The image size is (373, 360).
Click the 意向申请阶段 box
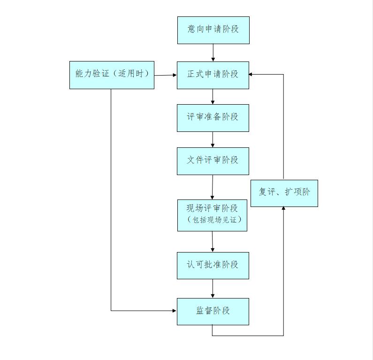click(x=213, y=30)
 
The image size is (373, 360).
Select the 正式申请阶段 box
click(x=213, y=75)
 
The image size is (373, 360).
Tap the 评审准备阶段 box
click(x=213, y=118)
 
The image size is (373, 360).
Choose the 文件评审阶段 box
click(x=213, y=161)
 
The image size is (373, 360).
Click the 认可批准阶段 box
click(x=213, y=265)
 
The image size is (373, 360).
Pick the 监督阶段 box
click(x=213, y=311)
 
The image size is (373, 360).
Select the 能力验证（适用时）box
click(x=112, y=75)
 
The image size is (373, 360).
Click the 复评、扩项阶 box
click(x=284, y=193)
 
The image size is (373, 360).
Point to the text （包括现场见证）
click(x=213, y=220)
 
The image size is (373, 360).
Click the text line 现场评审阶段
click(x=213, y=208)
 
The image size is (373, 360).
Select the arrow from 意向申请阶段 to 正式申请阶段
click(x=213, y=53)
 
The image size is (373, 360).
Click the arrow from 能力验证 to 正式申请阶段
click(x=165, y=75)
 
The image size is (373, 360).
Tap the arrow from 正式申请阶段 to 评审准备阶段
click(x=213, y=96)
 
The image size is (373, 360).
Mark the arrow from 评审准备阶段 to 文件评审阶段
click(x=213, y=139)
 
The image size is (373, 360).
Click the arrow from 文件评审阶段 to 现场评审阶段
click(x=213, y=187)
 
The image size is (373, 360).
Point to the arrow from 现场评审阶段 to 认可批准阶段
click(x=213, y=241)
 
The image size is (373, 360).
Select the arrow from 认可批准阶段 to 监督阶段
click(x=213, y=288)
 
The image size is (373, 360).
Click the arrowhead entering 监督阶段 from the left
click(x=174, y=310)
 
